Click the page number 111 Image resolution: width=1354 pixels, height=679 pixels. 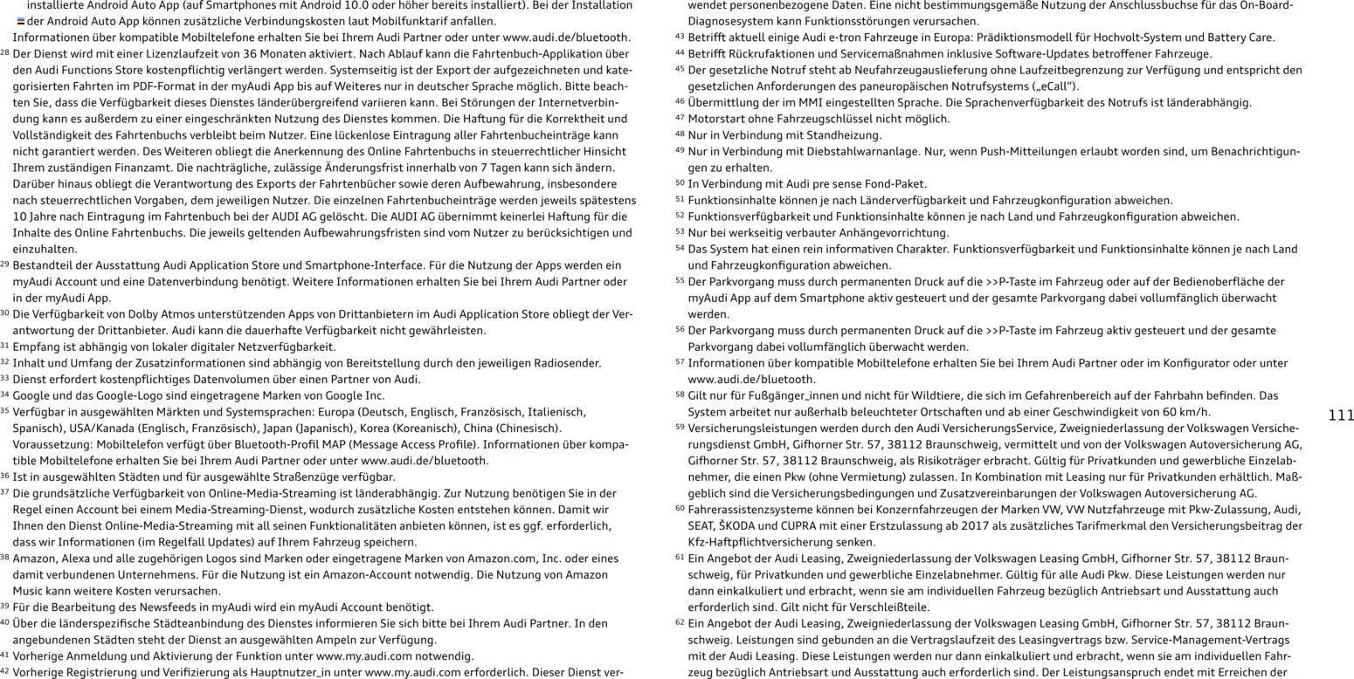pyautogui.click(x=1341, y=415)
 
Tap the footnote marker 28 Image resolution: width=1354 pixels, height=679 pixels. pyautogui.click(x=5, y=53)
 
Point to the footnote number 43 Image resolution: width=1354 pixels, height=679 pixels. pyautogui.click(x=680, y=37)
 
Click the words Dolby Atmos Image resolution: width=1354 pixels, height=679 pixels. pyautogui.click(x=150, y=314)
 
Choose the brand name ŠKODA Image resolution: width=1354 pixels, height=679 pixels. pyautogui.click(x=738, y=525)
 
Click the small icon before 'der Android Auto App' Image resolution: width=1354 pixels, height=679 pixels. pyautogui.click(x=21, y=21)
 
